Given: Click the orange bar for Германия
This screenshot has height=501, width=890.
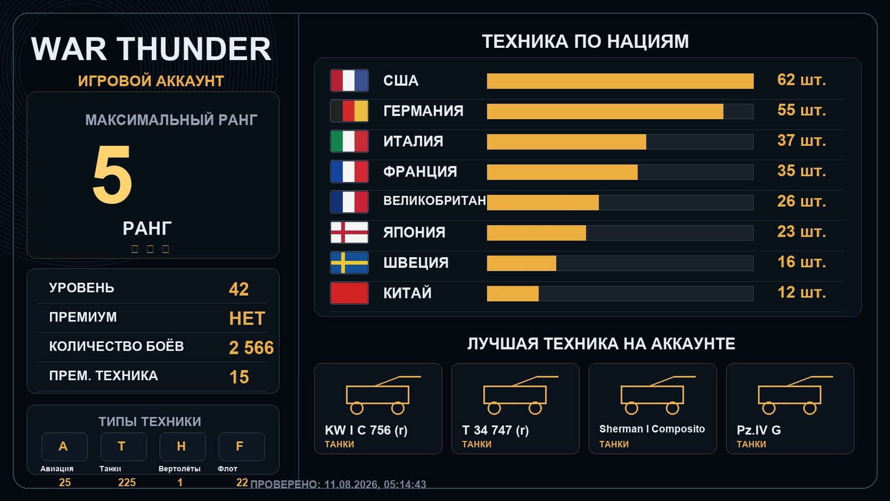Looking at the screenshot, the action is click(605, 111).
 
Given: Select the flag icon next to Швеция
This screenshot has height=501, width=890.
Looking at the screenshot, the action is click(349, 263).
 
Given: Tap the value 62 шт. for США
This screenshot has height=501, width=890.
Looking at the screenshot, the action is click(802, 80).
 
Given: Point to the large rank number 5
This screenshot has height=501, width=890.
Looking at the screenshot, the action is click(112, 175).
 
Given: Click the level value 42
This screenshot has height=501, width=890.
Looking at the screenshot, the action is click(239, 289).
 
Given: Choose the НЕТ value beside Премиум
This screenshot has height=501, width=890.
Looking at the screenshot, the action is click(247, 318).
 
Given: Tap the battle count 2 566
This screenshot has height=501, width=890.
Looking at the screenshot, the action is click(251, 348).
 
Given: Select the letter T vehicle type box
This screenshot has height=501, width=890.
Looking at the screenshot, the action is click(123, 446).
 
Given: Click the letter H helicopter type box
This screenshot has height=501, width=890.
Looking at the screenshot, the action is click(183, 446).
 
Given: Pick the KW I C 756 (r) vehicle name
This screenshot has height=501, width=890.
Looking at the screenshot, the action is click(366, 430).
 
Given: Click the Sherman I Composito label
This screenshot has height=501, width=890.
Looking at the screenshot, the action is click(652, 429).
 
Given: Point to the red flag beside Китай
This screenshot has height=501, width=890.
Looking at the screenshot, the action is click(349, 293).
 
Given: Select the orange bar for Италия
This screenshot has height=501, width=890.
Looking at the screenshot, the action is click(567, 142).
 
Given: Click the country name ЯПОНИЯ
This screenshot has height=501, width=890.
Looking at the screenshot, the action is click(414, 232).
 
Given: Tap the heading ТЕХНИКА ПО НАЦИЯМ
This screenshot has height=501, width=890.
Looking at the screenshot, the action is click(585, 41).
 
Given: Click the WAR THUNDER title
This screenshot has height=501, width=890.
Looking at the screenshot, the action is click(151, 49).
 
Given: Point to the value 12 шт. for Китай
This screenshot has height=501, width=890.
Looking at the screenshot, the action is click(802, 293).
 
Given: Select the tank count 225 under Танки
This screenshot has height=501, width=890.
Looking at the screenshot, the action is click(127, 483).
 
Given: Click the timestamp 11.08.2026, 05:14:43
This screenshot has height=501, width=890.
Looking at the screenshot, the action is click(375, 485).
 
